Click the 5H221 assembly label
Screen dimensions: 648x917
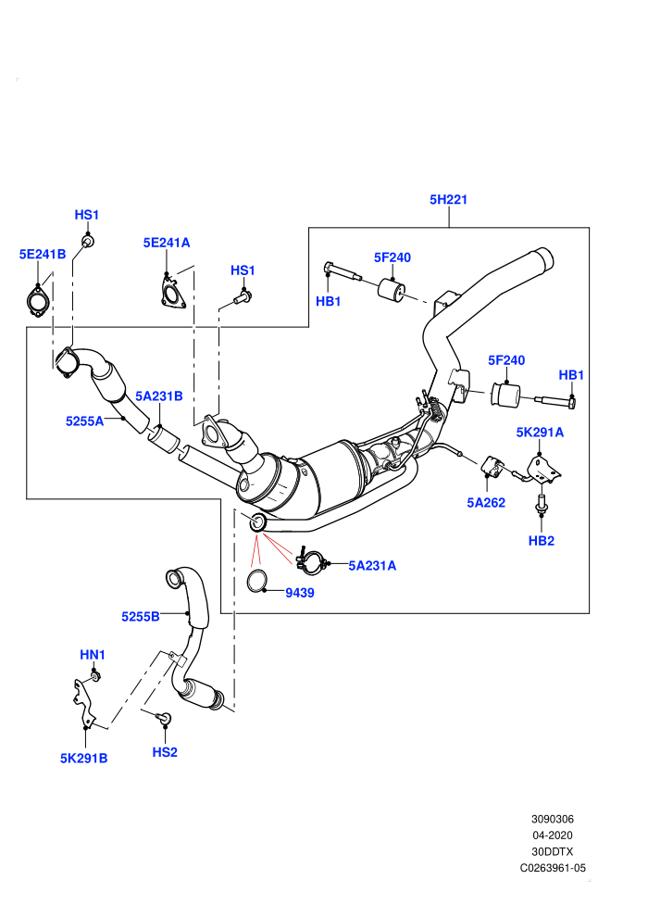[448, 199]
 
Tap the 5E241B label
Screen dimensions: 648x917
[42, 255]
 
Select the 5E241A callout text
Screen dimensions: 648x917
[167, 243]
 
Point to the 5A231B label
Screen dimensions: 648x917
[159, 396]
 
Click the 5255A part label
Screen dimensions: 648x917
[85, 421]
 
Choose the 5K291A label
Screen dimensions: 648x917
[540, 433]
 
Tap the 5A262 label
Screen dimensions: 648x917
[486, 502]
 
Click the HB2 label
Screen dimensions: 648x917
[541, 540]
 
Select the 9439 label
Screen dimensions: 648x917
[300, 593]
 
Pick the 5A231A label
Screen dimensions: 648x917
[372, 566]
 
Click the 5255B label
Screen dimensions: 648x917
[140, 616]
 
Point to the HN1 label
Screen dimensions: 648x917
[93, 655]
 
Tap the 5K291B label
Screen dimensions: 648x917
[83, 758]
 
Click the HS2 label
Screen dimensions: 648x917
[164, 752]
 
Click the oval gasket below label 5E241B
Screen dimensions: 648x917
[37, 301]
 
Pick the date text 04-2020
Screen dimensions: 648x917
[552, 835]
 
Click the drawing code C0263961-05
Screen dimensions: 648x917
[553, 868]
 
